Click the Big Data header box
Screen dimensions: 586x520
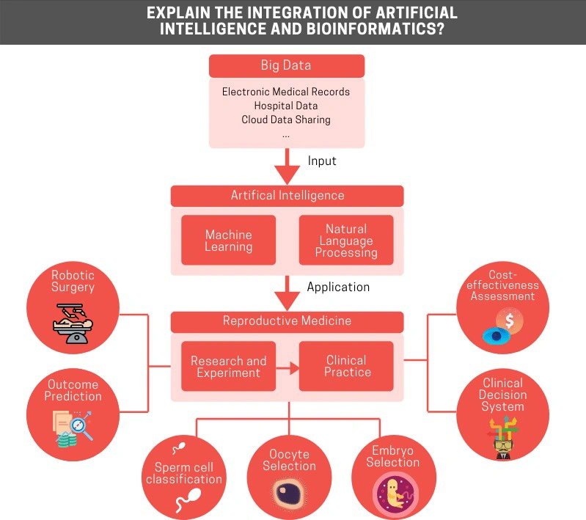pyautogui.click(x=287, y=66)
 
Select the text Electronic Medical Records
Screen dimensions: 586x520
pyautogui.click(x=286, y=92)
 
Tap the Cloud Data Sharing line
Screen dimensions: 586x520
pyautogui.click(x=286, y=120)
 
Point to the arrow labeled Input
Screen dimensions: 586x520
pyautogui.click(x=287, y=166)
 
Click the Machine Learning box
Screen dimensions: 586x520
pyautogui.click(x=228, y=240)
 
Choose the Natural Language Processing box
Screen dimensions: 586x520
pyautogui.click(x=346, y=240)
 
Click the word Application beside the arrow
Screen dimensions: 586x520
pyautogui.click(x=338, y=287)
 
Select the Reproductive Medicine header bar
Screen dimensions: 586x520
pyautogui.click(x=287, y=321)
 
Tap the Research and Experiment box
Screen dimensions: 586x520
pyautogui.click(x=228, y=367)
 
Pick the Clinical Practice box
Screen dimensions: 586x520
pyautogui.click(x=346, y=367)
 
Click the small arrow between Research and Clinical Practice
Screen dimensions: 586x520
pyautogui.click(x=287, y=369)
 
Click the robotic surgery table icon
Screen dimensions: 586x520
pyautogui.click(x=73, y=323)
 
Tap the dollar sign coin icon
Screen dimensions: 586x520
pyautogui.click(x=509, y=321)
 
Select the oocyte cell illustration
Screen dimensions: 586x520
pyautogui.click(x=289, y=493)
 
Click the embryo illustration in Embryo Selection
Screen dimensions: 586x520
pyautogui.click(x=395, y=494)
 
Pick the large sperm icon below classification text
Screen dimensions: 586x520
pyautogui.click(x=189, y=500)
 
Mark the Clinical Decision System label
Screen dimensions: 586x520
pyautogui.click(x=502, y=395)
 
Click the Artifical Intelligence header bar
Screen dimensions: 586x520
pyautogui.click(x=287, y=196)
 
